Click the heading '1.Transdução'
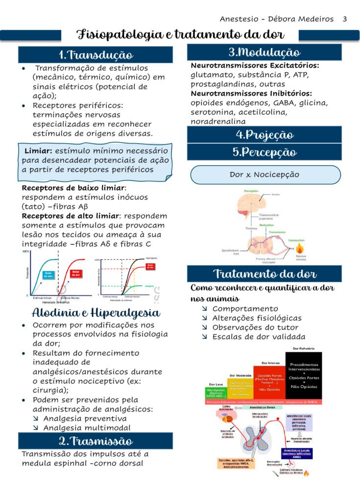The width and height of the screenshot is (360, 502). click(x=96, y=54)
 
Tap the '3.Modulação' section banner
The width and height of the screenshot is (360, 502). click(x=264, y=52)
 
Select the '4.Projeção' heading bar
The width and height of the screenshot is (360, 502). click(x=264, y=134)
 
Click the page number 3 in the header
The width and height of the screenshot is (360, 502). click(x=345, y=19)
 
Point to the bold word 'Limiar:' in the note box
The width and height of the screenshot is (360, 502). click(x=38, y=151)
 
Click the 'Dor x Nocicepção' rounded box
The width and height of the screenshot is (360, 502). click(x=264, y=175)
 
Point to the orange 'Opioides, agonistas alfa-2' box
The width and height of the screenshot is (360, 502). click(x=237, y=463)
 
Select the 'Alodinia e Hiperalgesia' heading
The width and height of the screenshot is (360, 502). click(x=96, y=313)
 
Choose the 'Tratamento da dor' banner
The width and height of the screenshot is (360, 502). click(x=264, y=274)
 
